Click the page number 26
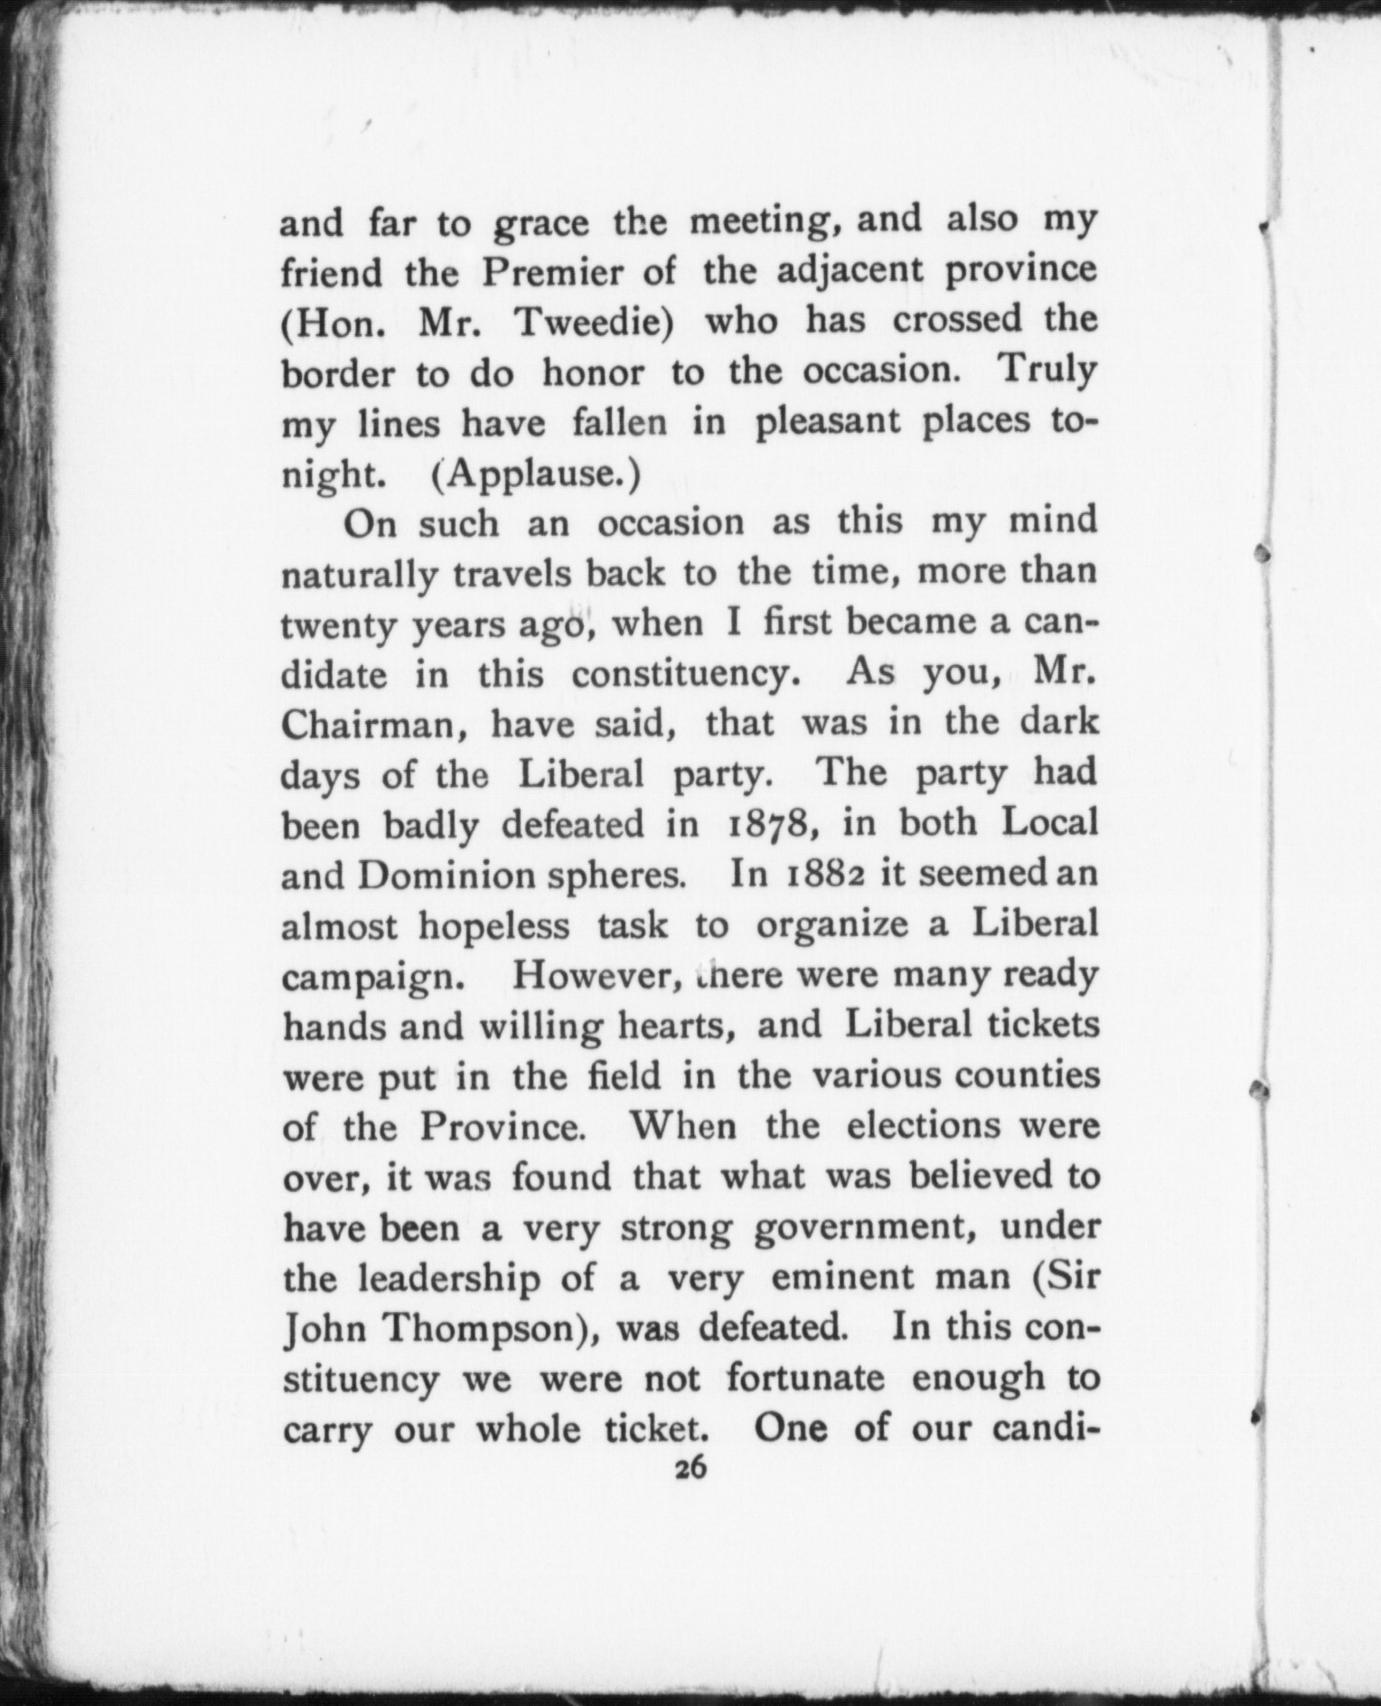click(690, 1469)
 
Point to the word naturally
click(360, 575)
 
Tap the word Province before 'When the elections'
click(498, 1127)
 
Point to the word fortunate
click(805, 1379)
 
